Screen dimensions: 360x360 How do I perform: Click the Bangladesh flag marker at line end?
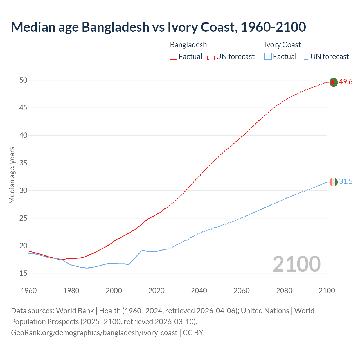coord(333,82)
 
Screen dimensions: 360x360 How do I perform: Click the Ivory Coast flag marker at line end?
coord(333,182)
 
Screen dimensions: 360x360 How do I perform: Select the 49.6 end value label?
coord(346,82)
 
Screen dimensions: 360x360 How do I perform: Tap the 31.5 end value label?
coord(346,182)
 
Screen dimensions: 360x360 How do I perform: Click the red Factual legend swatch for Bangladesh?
coord(174,57)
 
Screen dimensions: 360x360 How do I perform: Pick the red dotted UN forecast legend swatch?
coord(211,57)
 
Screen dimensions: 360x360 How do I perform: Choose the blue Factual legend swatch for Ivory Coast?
coord(268,57)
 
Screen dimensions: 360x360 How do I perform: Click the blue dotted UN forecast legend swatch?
coord(305,57)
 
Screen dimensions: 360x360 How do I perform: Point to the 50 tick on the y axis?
coord(23,80)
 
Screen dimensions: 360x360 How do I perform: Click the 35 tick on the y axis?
coord(23,163)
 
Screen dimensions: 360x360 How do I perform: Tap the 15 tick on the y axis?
coord(23,273)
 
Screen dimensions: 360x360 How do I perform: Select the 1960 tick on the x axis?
coord(29,291)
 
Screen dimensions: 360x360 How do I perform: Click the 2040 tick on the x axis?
coord(199,291)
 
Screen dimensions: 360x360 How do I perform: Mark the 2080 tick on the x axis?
coord(284,291)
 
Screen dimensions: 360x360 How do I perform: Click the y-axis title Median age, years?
coord(12,175)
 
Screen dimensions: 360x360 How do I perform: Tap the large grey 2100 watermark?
coord(296,264)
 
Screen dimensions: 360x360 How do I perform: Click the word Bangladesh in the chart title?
coord(116,27)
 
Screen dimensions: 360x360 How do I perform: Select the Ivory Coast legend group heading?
coord(282,45)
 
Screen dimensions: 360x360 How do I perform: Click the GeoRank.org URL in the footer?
coord(94,333)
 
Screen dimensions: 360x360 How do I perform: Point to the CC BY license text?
coord(193,333)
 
